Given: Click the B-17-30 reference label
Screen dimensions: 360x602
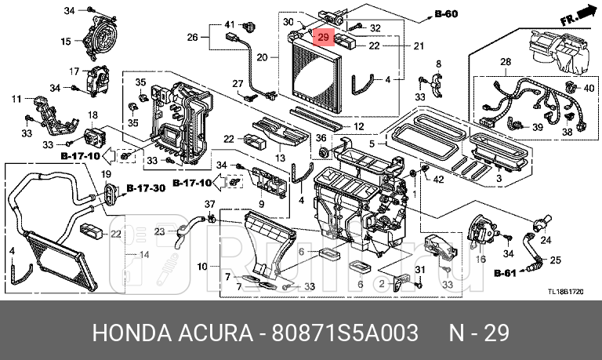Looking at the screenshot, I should coord(146,188).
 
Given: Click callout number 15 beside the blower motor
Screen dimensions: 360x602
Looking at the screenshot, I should coord(66,41).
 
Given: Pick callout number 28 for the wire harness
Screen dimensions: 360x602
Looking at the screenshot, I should coord(505,61).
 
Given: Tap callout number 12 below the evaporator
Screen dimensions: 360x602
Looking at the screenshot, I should coord(357,126).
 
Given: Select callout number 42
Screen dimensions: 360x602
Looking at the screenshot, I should coord(437,179).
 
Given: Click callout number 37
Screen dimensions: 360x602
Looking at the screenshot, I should coord(209,205).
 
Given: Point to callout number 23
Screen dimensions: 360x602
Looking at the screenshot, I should coord(159,231).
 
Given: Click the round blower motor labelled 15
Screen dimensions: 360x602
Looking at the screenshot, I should coord(100,38).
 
